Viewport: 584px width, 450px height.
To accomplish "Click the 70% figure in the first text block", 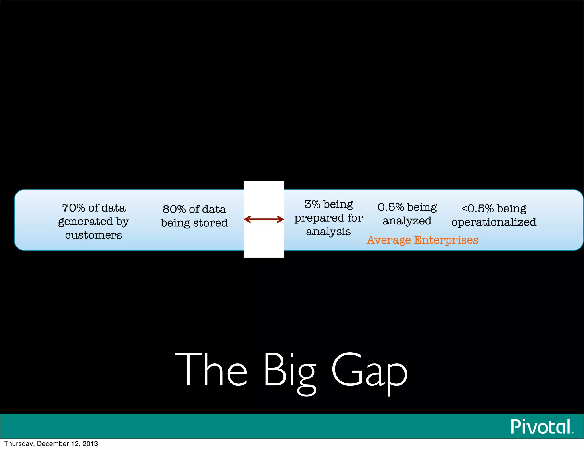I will click(x=74, y=208).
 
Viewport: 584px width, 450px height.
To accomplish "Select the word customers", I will click(x=94, y=235).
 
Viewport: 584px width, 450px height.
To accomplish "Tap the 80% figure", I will click(x=174, y=209).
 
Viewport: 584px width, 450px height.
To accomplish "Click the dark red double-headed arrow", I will click(x=264, y=219).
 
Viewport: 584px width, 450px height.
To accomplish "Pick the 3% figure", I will click(x=312, y=204).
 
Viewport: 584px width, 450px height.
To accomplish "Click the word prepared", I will click(x=319, y=218).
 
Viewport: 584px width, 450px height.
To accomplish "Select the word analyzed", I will click(x=407, y=221).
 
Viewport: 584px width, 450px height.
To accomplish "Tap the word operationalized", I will click(x=494, y=222).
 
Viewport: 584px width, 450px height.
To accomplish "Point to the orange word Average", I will click(x=389, y=240).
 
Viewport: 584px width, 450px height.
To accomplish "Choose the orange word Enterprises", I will click(x=446, y=240).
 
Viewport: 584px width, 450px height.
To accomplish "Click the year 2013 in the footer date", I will click(x=90, y=444).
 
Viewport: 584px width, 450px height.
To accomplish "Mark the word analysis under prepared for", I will click(x=328, y=232).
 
